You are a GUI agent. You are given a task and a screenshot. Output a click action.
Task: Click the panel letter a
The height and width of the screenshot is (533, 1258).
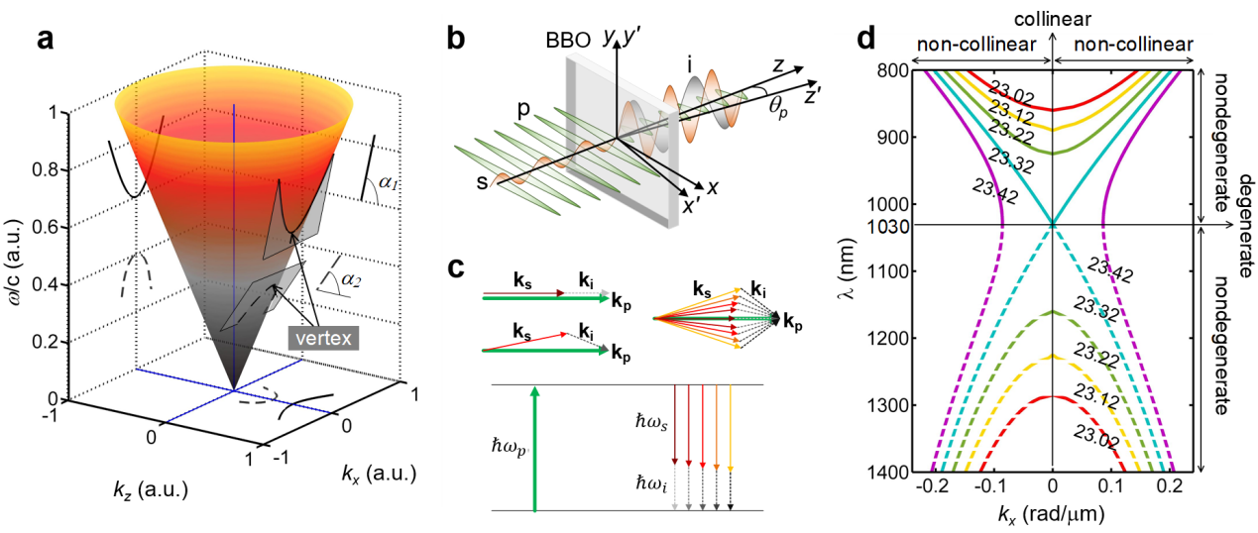pos(46,40)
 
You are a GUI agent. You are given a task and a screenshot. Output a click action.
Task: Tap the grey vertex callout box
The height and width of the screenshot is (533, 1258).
pos(323,338)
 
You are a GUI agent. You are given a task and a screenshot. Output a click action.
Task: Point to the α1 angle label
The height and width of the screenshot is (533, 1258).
pos(388,182)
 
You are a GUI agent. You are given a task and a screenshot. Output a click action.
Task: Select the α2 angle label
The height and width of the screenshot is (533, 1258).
pos(351,279)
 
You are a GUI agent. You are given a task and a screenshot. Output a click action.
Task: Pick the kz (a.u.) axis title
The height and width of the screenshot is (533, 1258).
pos(151,491)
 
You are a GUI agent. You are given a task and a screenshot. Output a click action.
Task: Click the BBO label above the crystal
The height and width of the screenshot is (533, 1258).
pos(568,41)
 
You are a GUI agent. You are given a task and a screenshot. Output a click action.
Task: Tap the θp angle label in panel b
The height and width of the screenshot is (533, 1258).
pos(778,105)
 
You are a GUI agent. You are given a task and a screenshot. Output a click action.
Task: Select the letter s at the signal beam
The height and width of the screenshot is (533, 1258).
pos(482,182)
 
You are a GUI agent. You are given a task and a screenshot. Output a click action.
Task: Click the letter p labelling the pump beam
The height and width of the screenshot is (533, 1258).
pos(522,109)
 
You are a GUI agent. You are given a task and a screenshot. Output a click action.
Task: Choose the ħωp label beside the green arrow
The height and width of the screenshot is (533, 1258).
pos(508,448)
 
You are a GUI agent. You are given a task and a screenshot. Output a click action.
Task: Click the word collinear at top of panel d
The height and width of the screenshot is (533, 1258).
pos(1053,19)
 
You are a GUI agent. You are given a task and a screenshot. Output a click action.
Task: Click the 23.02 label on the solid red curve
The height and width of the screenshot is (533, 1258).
pos(1011,93)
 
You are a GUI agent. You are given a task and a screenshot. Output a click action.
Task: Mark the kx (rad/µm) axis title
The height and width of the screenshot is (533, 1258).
pos(1052,514)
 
